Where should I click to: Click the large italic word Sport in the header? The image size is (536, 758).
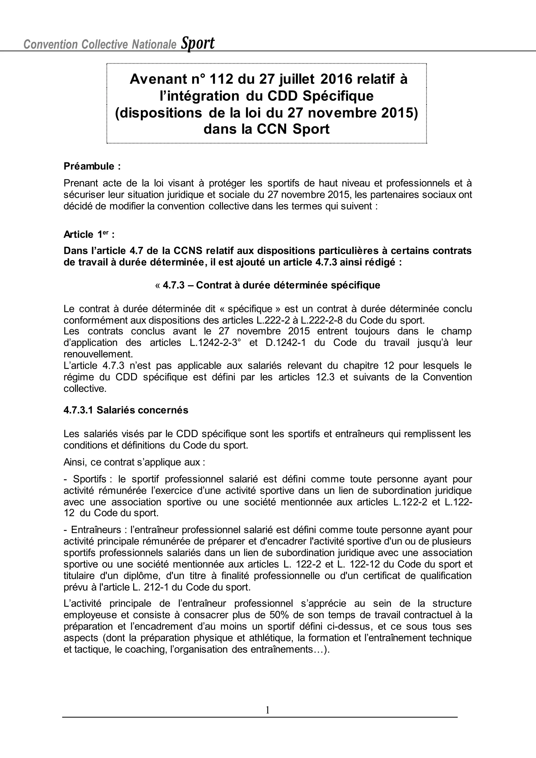click(197, 43)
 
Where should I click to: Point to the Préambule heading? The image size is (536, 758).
click(92, 166)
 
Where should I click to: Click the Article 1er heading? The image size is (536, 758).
click(89, 235)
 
